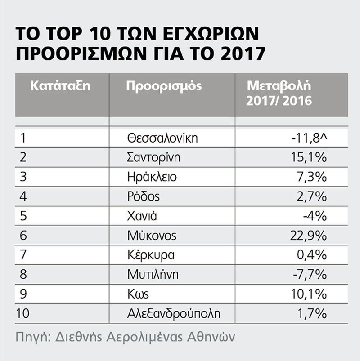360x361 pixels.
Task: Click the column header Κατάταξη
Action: click(x=60, y=86)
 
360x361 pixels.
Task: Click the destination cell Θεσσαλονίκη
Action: click(x=162, y=138)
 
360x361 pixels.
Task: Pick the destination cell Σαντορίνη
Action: click(x=153, y=158)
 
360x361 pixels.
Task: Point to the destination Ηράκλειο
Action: click(x=152, y=177)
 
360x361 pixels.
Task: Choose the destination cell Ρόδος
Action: click(x=144, y=196)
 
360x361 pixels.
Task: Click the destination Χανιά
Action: click(x=142, y=216)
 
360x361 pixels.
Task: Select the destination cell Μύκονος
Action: click(x=152, y=236)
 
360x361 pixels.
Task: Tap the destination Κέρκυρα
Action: click(x=151, y=255)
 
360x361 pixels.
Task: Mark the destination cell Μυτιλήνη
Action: click(x=153, y=274)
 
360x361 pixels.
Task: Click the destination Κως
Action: click(x=138, y=294)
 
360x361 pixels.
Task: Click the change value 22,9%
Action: click(x=308, y=236)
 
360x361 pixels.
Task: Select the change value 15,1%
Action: click(x=309, y=158)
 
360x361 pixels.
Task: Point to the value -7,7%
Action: click(x=310, y=275)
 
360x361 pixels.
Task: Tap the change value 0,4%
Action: click(x=311, y=255)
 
